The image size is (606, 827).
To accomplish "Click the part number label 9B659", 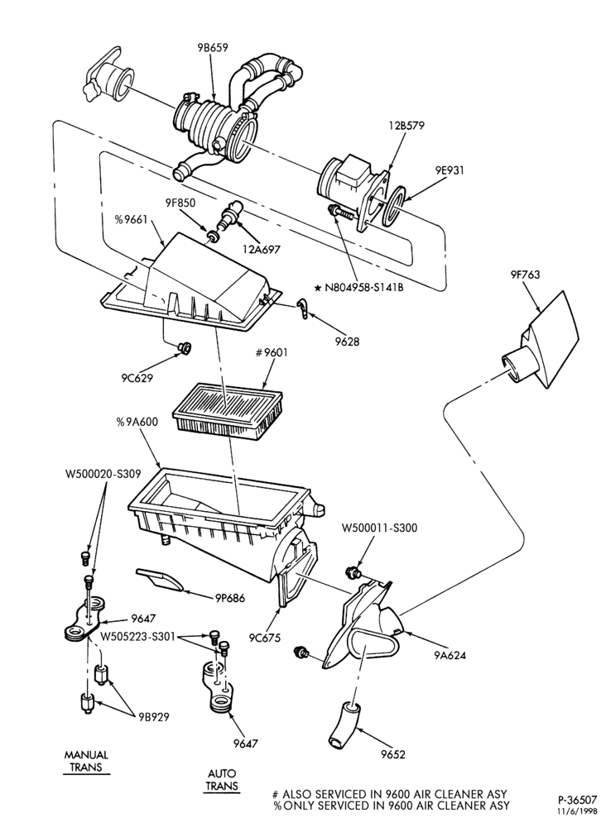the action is [x=209, y=47].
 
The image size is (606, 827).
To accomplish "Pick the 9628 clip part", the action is [x=302, y=308].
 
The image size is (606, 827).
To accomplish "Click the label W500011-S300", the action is [x=379, y=528].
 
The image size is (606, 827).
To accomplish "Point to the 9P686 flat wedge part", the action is [x=160, y=580].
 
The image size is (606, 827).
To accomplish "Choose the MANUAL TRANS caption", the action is [x=86, y=761].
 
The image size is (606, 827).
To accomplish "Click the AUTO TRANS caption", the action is [x=222, y=780].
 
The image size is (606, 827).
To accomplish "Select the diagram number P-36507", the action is [x=578, y=800].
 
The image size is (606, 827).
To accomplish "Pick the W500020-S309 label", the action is [x=103, y=474].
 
